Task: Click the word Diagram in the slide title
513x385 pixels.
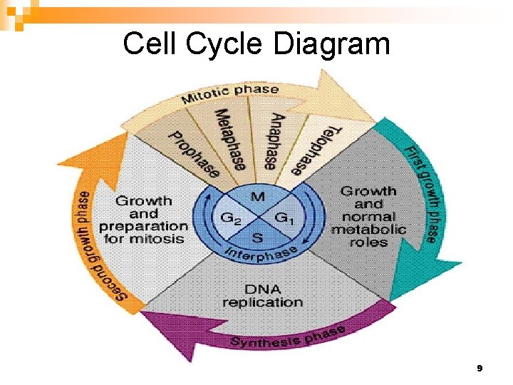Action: pyautogui.click(x=331, y=44)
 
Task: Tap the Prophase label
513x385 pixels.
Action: pyautogui.click(x=192, y=152)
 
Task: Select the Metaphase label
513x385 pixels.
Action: pyautogui.click(x=231, y=139)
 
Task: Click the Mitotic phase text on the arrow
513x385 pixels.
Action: pyautogui.click(x=230, y=93)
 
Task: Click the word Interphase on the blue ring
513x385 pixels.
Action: pyautogui.click(x=261, y=253)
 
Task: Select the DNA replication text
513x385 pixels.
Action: pyautogui.click(x=262, y=295)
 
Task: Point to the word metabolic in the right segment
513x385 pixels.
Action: pyautogui.click(x=368, y=229)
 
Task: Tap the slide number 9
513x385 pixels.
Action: pyautogui.click(x=480, y=369)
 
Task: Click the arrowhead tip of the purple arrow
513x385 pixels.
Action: pyautogui.click(x=141, y=314)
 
